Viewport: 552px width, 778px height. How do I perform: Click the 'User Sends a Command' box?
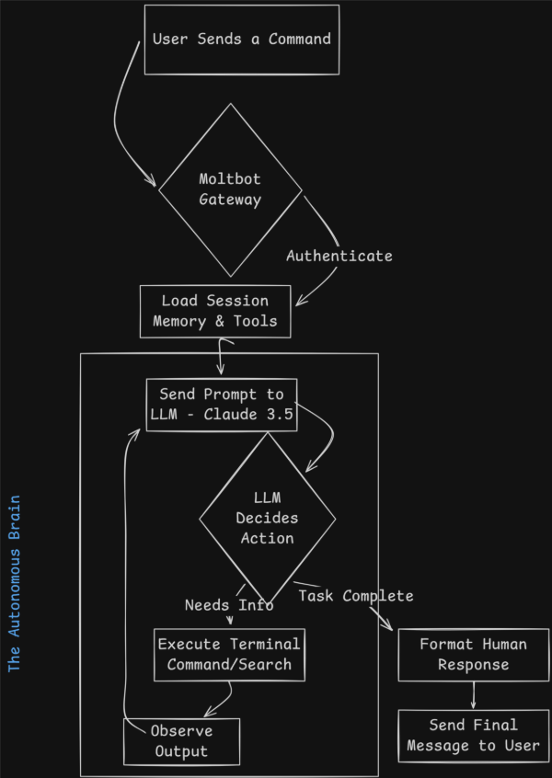pos(241,40)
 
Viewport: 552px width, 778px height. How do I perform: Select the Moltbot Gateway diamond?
pos(230,189)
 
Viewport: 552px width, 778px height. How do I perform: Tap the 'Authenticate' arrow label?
pos(339,256)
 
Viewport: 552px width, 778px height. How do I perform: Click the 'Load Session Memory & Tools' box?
pos(215,311)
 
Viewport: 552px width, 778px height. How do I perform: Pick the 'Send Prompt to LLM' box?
pos(222,404)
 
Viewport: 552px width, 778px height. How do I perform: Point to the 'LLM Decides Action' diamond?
pos(268,519)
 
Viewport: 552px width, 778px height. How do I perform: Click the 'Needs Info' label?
pos(229,605)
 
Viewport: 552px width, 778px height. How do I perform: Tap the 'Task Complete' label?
pos(355,596)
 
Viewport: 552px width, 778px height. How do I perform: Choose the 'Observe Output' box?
pos(181,741)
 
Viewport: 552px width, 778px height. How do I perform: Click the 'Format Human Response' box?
pos(473,654)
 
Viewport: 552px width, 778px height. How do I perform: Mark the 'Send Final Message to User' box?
pos(473,734)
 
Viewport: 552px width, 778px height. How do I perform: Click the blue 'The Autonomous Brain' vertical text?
pos(15,584)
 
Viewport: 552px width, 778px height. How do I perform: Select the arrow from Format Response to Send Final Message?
pos(473,695)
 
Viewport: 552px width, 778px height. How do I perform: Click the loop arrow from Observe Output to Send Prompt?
pos(124,570)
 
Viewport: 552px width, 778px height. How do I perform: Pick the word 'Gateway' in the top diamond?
pos(230,200)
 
